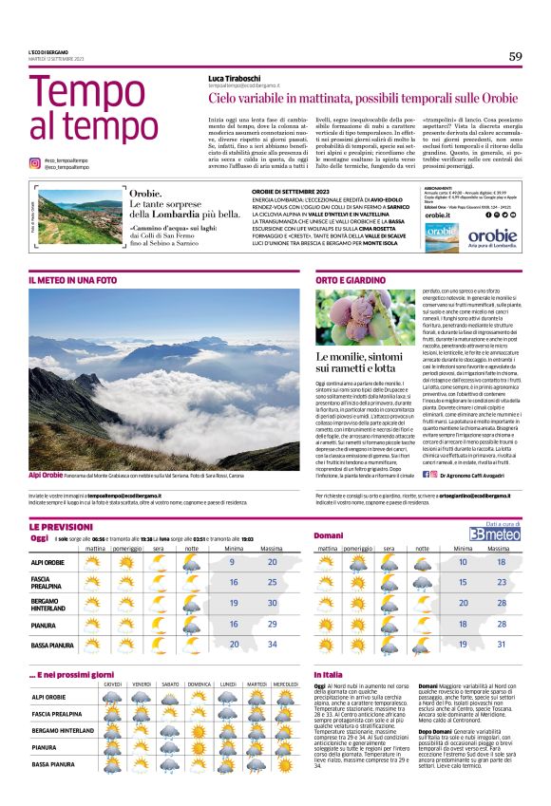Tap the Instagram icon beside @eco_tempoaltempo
point(35,163)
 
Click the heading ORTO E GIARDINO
point(351,280)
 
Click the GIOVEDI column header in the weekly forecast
point(113,684)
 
